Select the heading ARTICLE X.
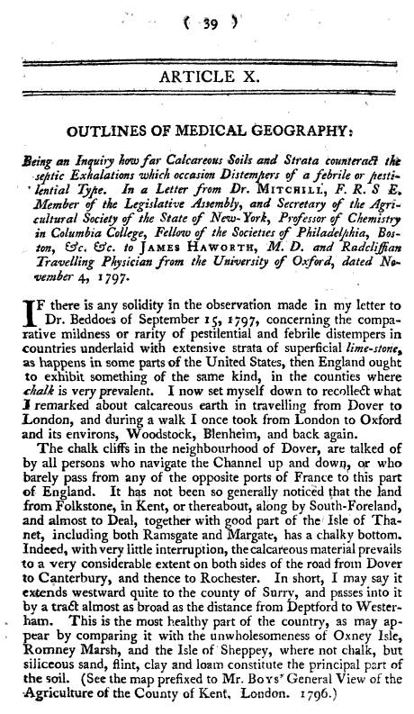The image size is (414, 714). click(208, 79)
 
